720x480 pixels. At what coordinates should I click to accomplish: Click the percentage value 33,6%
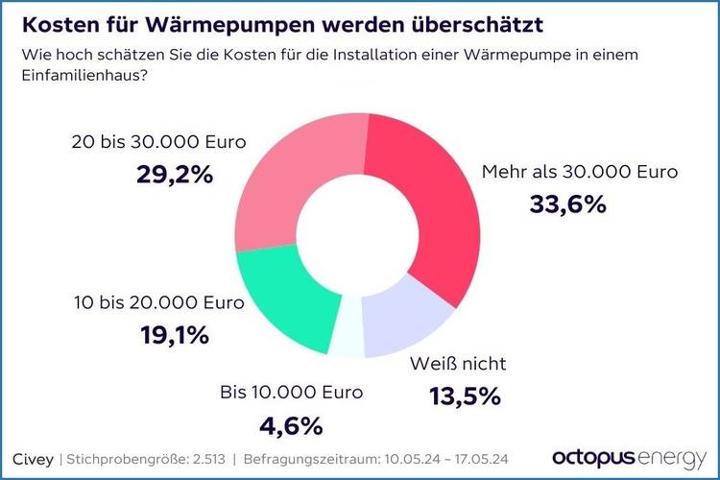[x=567, y=204]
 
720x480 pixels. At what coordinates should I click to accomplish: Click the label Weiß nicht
[x=457, y=364]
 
